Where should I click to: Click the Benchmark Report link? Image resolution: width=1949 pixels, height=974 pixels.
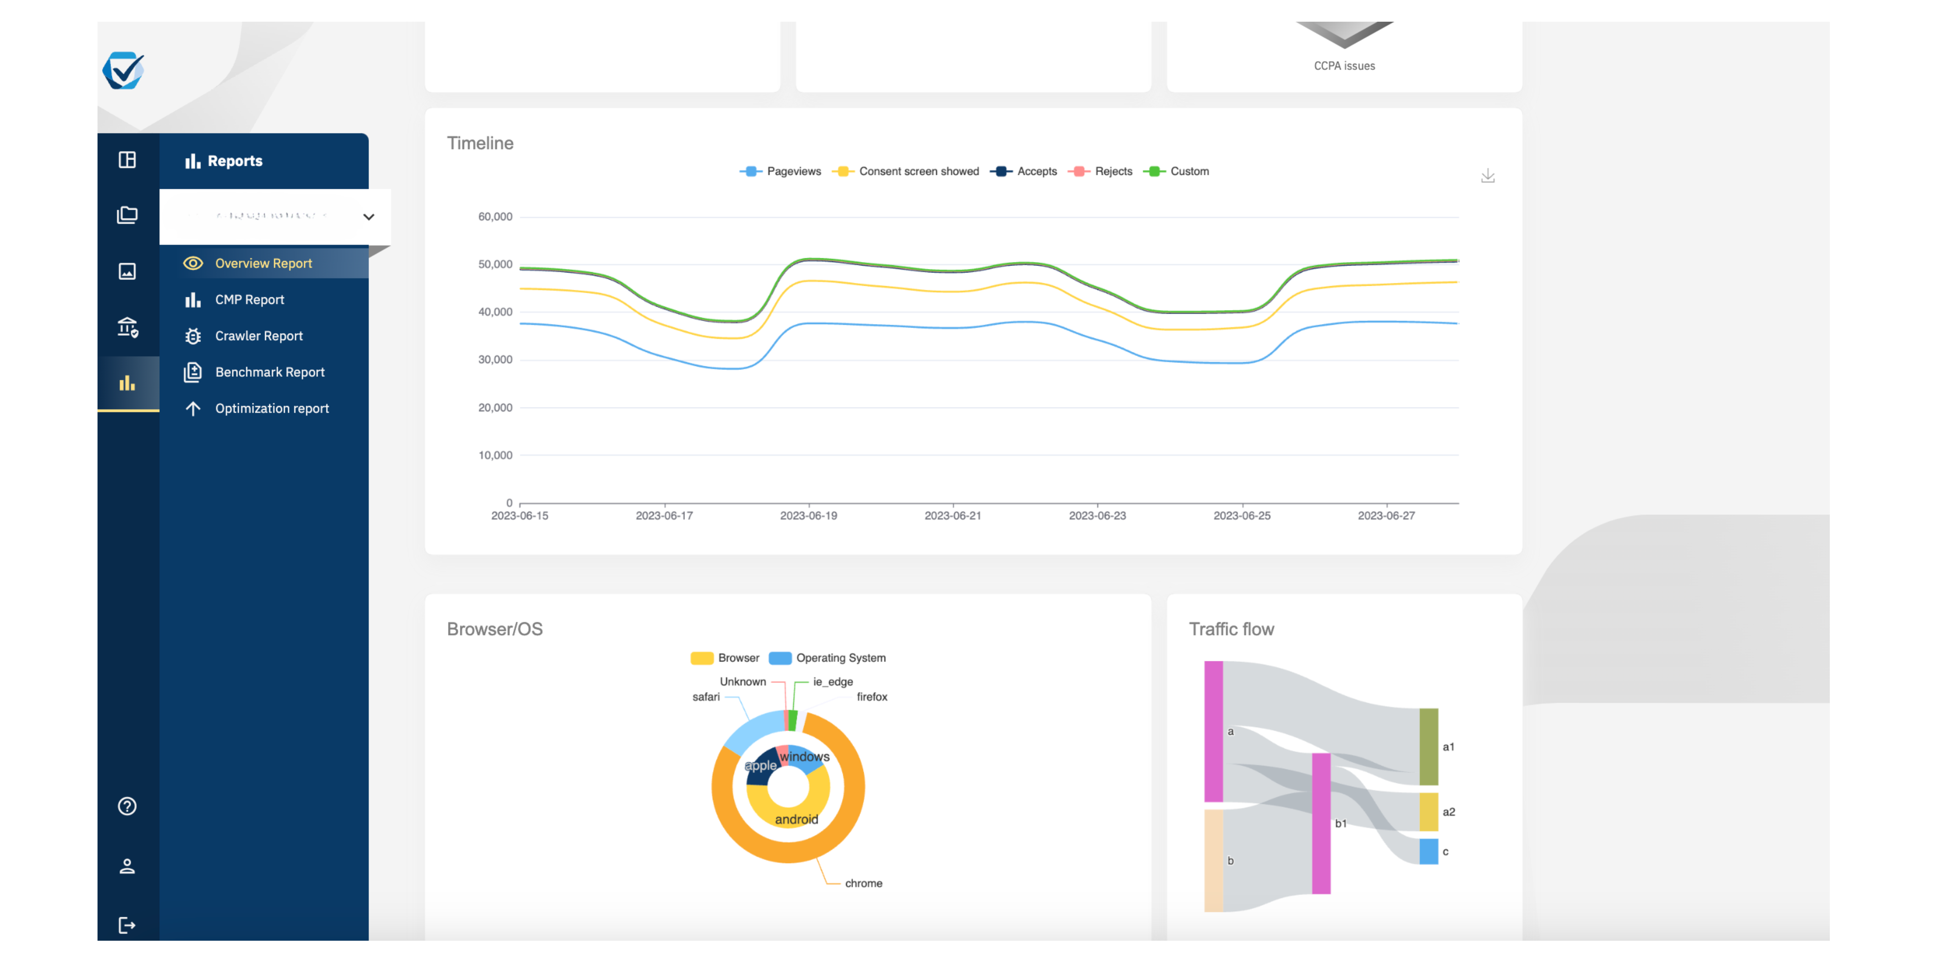pos(269,372)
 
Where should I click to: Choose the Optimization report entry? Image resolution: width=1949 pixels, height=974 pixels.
pos(272,408)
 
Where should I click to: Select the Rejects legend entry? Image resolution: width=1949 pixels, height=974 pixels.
pos(1112,172)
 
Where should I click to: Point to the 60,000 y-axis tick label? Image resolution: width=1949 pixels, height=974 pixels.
pos(495,217)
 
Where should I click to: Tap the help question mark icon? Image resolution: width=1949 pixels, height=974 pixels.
pos(127,806)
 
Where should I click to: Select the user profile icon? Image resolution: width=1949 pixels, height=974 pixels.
pos(127,866)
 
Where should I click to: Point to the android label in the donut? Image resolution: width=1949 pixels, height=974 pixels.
pos(796,819)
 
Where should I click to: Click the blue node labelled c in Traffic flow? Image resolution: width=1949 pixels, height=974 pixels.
pos(1428,851)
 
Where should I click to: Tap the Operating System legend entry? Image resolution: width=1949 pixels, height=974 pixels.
pos(840,658)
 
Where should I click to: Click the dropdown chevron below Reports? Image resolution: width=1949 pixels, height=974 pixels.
pos(369,217)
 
